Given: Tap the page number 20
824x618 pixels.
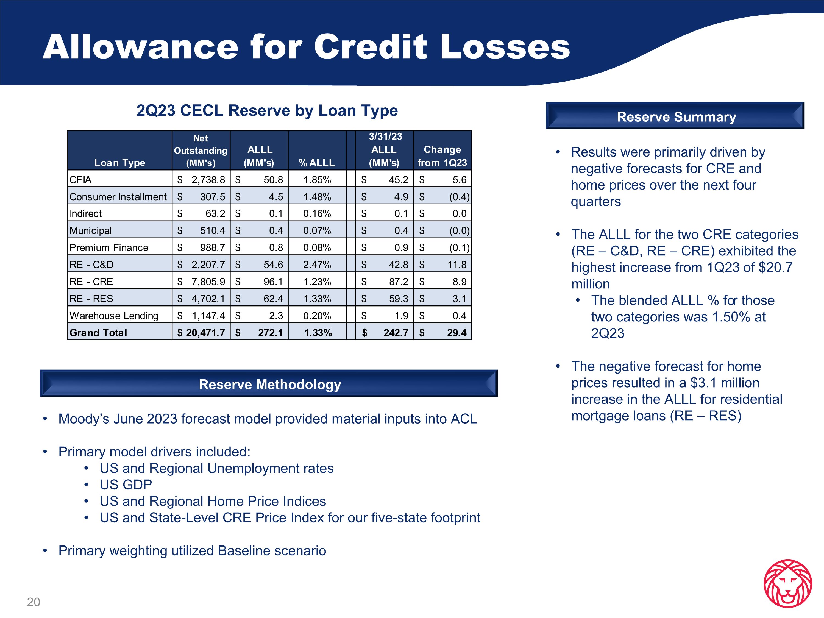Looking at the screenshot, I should point(33,602).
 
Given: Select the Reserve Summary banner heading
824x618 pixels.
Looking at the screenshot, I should point(676,117).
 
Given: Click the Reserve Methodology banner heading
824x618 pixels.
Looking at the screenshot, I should point(270,385).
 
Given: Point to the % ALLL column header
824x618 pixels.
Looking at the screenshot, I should point(317,163).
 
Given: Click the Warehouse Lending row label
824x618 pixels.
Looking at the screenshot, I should point(114,316).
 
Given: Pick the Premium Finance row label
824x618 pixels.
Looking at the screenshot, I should point(109,248).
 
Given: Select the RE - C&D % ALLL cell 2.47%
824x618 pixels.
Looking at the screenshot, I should point(317,265).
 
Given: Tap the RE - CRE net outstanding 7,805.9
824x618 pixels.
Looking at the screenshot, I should point(208,282).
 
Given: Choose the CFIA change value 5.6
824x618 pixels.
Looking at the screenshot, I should point(459,180).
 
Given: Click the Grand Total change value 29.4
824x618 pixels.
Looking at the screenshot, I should point(457,333).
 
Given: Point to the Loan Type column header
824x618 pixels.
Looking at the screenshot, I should point(119,163).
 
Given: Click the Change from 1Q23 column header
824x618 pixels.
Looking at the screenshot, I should point(442,156).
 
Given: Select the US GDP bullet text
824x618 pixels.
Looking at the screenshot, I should point(126,485).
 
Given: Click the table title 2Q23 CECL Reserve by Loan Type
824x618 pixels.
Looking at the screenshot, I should point(267,111).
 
